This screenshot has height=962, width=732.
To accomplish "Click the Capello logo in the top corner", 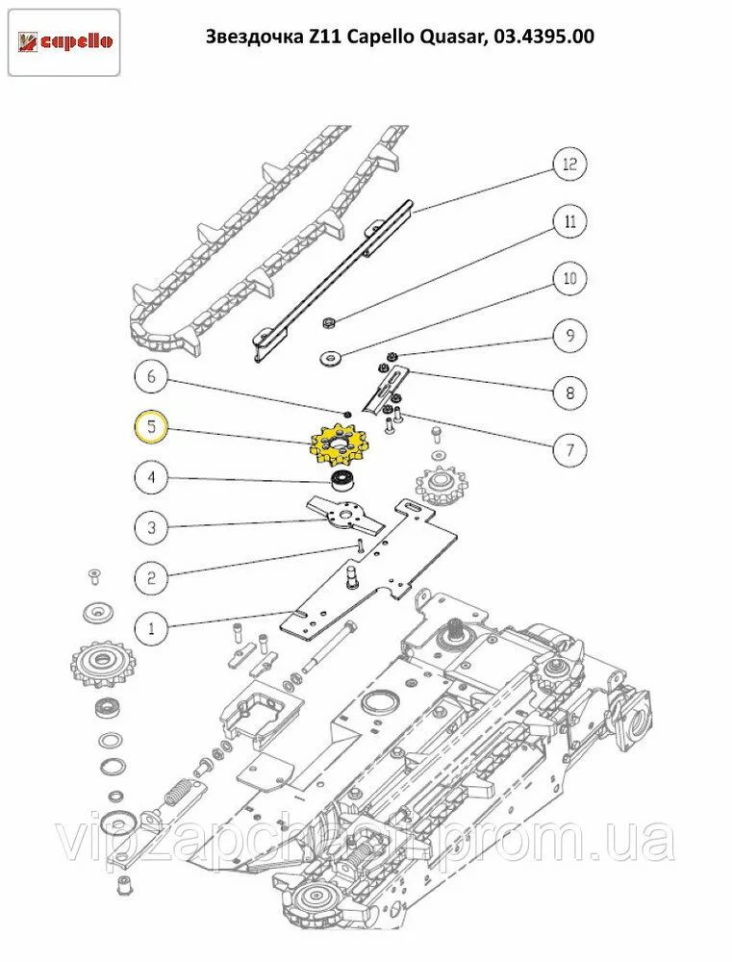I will (x=64, y=41).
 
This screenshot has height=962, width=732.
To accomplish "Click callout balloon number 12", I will (x=569, y=165).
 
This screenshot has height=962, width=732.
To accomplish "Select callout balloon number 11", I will (x=569, y=221).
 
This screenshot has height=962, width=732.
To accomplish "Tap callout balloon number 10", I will (x=569, y=279).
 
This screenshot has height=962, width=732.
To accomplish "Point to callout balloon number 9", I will (x=569, y=336).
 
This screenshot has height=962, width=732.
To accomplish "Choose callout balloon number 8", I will (x=569, y=392).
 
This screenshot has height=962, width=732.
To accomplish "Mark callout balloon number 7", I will (x=569, y=449).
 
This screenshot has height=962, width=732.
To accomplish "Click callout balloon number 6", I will (x=151, y=377).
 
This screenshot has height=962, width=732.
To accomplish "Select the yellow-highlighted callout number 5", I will (x=151, y=426).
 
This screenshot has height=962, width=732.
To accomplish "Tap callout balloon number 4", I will (x=151, y=476).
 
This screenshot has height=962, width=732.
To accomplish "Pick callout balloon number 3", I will (x=151, y=527).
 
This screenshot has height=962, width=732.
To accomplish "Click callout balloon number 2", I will (x=151, y=578).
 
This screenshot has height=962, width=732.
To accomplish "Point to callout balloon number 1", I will (x=151, y=629).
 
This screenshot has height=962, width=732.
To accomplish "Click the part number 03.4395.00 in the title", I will (x=543, y=38).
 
